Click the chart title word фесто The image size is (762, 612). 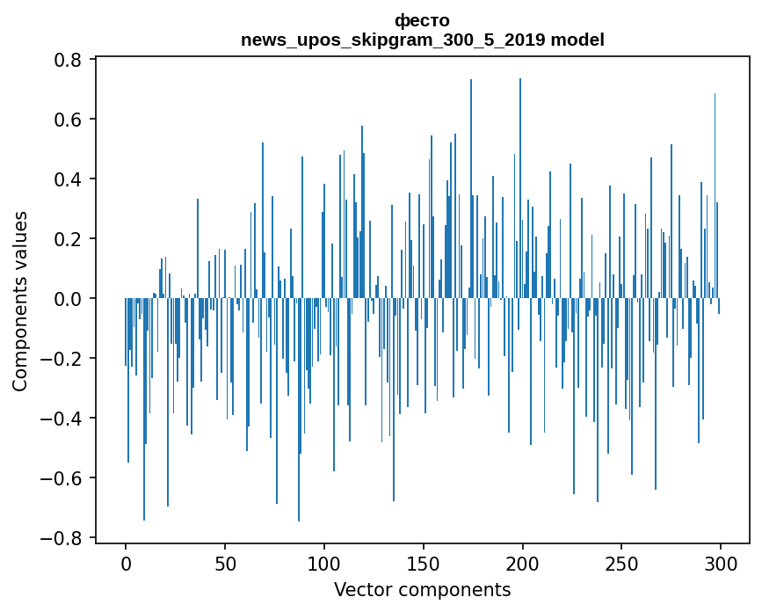point(422,20)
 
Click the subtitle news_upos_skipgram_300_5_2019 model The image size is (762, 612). point(422,40)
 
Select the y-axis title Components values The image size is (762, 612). point(19,301)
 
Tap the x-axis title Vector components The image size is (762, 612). point(422,589)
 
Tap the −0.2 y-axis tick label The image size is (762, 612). point(65,359)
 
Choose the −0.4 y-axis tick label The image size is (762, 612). point(65,419)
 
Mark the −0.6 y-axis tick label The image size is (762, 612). point(65,478)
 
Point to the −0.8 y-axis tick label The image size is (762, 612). point(65,538)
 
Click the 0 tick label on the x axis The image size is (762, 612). point(126,562)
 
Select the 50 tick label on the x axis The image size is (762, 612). point(225,562)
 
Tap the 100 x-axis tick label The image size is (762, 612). point(324,562)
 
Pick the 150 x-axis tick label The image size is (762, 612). point(424,562)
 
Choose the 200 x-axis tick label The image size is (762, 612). point(522,562)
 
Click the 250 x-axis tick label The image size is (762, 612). point(621,562)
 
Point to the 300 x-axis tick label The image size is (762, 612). point(721,562)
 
